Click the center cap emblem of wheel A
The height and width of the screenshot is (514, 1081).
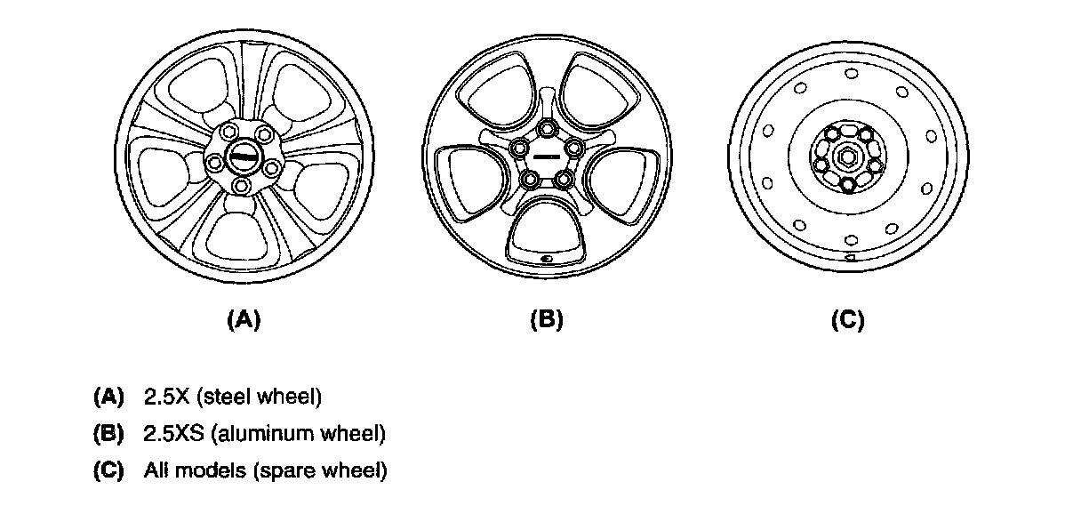(x=243, y=157)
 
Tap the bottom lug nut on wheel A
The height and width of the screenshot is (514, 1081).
(x=243, y=186)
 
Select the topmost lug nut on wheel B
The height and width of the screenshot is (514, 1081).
(x=546, y=130)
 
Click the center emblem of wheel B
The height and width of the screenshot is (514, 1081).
(x=546, y=158)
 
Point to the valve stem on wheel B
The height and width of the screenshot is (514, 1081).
(x=547, y=259)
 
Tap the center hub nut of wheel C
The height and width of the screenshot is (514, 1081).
(x=847, y=157)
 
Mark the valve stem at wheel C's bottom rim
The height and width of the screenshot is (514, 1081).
(x=850, y=259)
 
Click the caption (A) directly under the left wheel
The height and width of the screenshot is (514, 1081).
(x=244, y=320)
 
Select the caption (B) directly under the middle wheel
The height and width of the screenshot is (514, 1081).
(x=546, y=320)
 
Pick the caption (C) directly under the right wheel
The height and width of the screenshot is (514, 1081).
(x=847, y=320)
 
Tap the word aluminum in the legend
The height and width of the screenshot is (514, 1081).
(x=252, y=434)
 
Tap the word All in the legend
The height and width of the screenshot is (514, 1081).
(x=155, y=470)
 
